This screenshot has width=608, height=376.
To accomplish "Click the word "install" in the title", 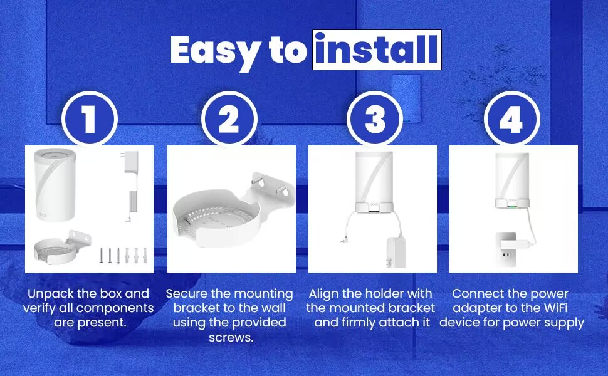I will click(377, 50).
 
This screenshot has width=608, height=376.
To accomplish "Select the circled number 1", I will click(89, 119).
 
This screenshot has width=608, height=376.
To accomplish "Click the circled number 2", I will click(229, 119).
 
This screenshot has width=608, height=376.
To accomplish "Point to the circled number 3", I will click(374, 119).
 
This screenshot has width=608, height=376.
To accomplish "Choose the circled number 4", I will click(511, 119).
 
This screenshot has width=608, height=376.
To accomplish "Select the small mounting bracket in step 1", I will click(61, 249).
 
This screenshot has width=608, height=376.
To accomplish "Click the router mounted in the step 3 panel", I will click(373, 178).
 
